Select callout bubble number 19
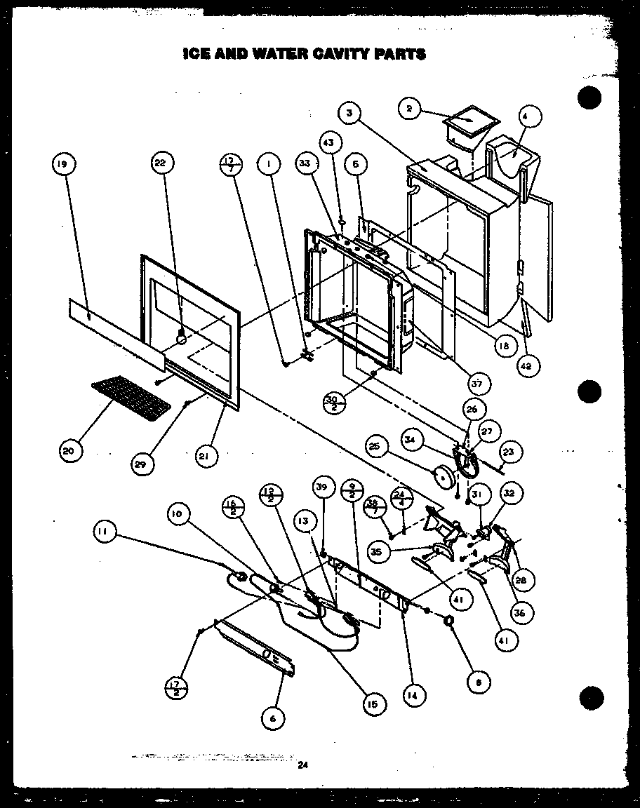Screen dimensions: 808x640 [x=63, y=165]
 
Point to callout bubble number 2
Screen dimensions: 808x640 [x=409, y=108]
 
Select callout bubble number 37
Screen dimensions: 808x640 [x=480, y=383]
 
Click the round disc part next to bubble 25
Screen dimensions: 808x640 [x=444, y=477]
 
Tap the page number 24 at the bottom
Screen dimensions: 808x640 [x=302, y=765]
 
